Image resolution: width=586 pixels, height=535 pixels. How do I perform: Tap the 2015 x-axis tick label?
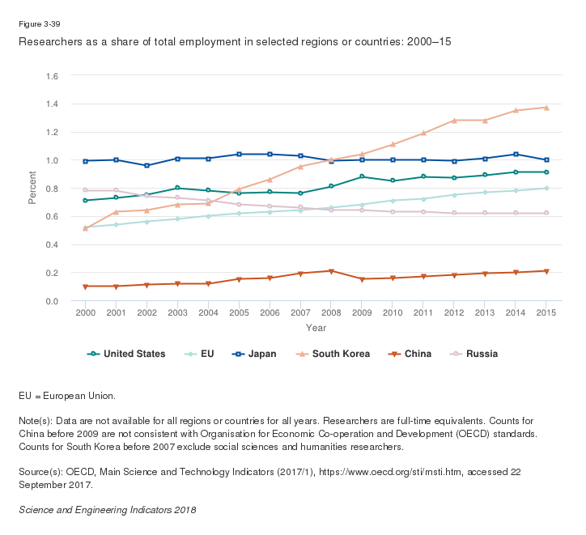pos(546,312)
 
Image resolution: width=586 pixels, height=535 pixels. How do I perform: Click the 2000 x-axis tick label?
pos(86,312)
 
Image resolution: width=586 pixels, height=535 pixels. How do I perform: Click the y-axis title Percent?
pos(32,189)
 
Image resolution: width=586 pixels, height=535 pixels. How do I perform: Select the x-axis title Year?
pos(316,328)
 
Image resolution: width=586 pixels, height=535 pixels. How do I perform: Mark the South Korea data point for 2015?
pos(546,108)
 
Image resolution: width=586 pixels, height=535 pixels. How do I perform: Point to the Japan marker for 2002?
pos(147,165)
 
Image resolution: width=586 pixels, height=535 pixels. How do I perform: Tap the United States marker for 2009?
pos(363,176)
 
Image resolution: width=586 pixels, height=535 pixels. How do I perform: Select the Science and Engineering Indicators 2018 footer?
pos(107,511)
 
